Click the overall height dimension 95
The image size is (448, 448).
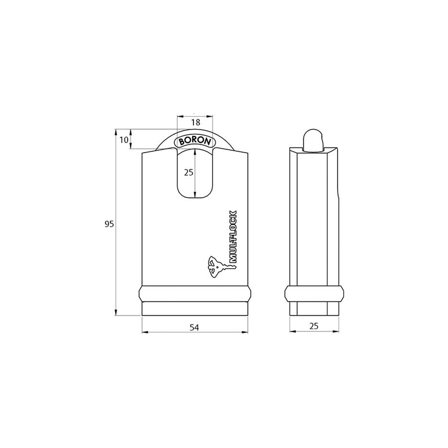(109, 224)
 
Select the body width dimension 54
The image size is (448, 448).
(194, 327)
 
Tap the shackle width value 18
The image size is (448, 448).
(195, 122)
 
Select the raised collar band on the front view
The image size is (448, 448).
(195, 294)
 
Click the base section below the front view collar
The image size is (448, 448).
(195, 309)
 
